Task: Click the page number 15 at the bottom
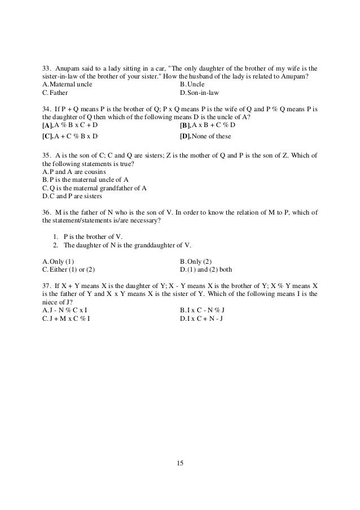(x=180, y=464)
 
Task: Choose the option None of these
(x=205, y=137)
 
